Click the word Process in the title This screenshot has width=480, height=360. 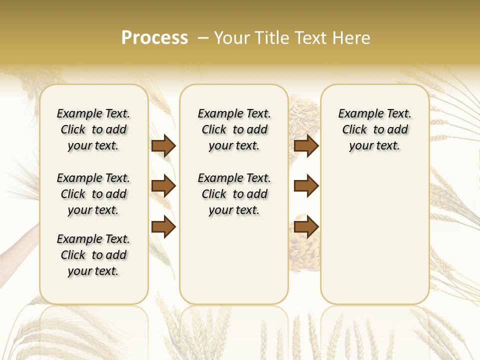click(154, 38)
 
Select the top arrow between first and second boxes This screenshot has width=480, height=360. click(163, 145)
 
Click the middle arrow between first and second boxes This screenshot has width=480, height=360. click(163, 186)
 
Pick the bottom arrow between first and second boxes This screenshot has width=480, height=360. click(163, 227)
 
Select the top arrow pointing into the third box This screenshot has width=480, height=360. click(306, 145)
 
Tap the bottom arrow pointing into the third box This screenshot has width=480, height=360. click(306, 227)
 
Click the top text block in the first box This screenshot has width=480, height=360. click(93, 129)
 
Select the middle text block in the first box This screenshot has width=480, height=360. click(93, 194)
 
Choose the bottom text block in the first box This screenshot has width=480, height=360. click(93, 255)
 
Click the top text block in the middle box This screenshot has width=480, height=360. click(234, 129)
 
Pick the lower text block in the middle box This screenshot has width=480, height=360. click(234, 194)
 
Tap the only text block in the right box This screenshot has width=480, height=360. click(374, 129)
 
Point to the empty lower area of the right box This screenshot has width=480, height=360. click(374, 235)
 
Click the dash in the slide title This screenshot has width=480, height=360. click(203, 38)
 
